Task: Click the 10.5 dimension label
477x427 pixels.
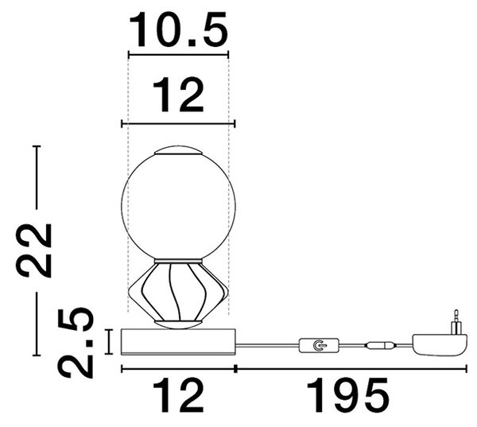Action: click(178, 29)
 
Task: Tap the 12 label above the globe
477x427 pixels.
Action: click(178, 95)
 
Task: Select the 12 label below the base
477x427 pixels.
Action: click(178, 395)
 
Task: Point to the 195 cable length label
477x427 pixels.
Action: click(348, 395)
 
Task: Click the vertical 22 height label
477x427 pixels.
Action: click(33, 250)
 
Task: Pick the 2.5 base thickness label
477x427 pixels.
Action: click(76, 343)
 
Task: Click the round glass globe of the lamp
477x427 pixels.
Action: click(178, 207)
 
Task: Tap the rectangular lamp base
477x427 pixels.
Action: click(178, 342)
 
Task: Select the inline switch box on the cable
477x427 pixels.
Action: click(319, 345)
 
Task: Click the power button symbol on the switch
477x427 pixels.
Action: click(318, 345)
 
